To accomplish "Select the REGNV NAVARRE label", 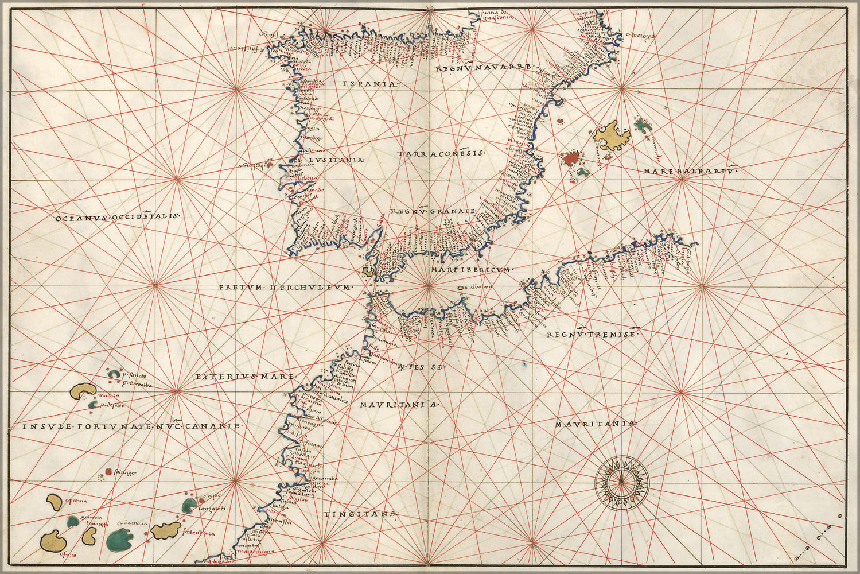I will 483,68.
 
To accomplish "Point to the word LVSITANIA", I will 336,160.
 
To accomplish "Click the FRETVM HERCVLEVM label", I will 285,287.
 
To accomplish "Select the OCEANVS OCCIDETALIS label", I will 118,217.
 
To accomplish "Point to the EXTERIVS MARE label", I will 244,377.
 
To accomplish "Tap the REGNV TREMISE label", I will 591,335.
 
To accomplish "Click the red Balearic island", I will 570,158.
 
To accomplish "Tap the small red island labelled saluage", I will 108,472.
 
